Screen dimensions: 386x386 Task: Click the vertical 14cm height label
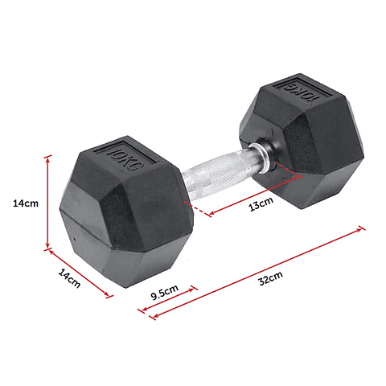pyautogui.click(x=25, y=203)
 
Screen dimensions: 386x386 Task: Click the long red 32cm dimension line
pyautogui.click(x=257, y=270)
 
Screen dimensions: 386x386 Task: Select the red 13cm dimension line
pyautogui.click(x=255, y=193)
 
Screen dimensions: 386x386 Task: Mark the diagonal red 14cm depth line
pyautogui.click(x=79, y=273)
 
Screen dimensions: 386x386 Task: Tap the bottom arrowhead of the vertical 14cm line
pyautogui.click(x=48, y=244)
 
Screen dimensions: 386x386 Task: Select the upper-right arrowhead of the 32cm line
pyautogui.click(x=361, y=228)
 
